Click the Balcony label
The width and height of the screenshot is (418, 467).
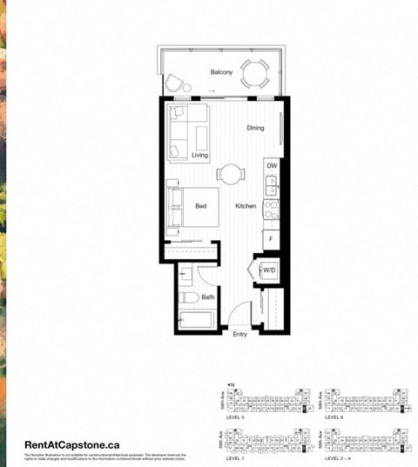pyautogui.click(x=221, y=73)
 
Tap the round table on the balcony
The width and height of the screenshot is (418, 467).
pyautogui.click(x=255, y=73)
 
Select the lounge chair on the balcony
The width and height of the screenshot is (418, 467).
pyautogui.click(x=179, y=83)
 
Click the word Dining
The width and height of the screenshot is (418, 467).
pyautogui.click(x=255, y=129)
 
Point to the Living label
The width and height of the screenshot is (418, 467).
pyautogui.click(x=200, y=155)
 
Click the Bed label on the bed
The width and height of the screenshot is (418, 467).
pyautogui.click(x=200, y=206)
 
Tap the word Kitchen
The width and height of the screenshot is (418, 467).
pyautogui.click(x=246, y=206)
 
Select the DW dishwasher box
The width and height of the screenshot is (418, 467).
pyautogui.click(x=272, y=165)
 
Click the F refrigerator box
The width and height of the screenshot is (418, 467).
pyautogui.click(x=272, y=237)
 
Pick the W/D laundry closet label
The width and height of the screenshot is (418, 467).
pyautogui.click(x=269, y=270)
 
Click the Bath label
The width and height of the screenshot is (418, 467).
pyautogui.click(x=208, y=297)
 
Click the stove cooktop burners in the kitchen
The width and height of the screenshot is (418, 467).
pyautogui.click(x=271, y=209)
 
